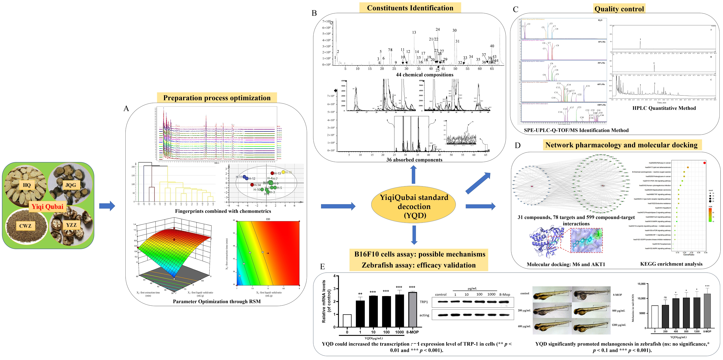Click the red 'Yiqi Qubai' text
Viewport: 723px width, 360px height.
[x=47, y=207]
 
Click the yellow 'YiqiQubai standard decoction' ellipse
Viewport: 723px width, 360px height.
[x=414, y=206]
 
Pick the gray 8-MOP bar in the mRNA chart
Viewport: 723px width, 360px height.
[x=412, y=309]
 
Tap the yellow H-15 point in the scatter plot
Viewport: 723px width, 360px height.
[x=284, y=172]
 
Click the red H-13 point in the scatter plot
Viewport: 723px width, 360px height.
[x=272, y=173]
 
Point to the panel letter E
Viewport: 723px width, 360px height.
[x=322, y=266]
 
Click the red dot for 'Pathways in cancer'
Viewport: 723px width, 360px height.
[x=704, y=163]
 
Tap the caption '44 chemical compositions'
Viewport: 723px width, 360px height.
[x=424, y=75]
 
